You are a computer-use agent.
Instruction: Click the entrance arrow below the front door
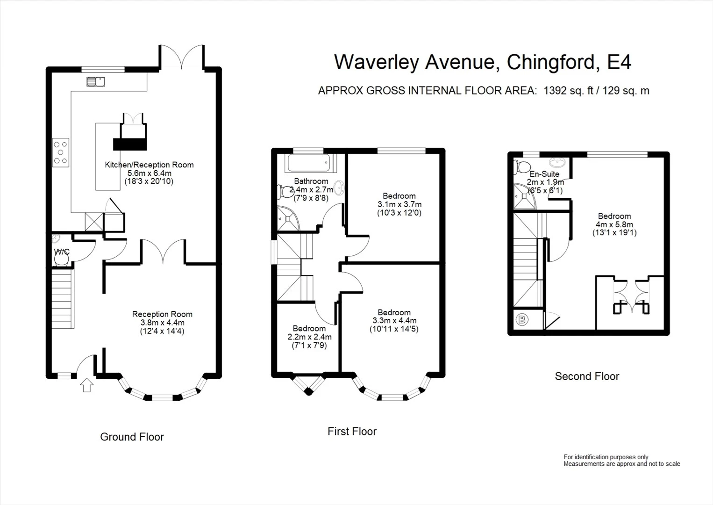tap(86, 385)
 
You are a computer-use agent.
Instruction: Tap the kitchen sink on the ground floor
tap(95, 82)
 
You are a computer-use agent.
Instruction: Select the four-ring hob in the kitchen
tap(60, 152)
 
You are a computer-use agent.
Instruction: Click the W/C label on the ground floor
tap(62, 252)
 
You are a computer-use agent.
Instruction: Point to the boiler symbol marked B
tap(522, 319)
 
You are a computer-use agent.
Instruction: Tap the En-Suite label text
tap(544, 174)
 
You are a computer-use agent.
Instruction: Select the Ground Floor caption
tap(132, 437)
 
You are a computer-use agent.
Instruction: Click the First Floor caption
tap(352, 432)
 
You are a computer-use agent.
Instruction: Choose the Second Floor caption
tap(587, 376)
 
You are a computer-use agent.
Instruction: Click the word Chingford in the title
tap(551, 62)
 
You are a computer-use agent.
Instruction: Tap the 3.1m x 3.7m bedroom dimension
tap(399, 204)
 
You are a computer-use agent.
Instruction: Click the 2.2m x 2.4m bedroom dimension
tap(309, 337)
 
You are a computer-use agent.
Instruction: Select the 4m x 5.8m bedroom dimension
tap(614, 224)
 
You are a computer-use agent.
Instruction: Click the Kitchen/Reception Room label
tap(150, 165)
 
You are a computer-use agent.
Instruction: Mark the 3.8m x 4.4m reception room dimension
tap(162, 323)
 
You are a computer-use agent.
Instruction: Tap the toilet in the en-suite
tap(522, 166)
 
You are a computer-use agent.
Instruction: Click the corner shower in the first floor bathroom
tap(288, 218)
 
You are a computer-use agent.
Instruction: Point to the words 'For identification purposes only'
tap(606, 457)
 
